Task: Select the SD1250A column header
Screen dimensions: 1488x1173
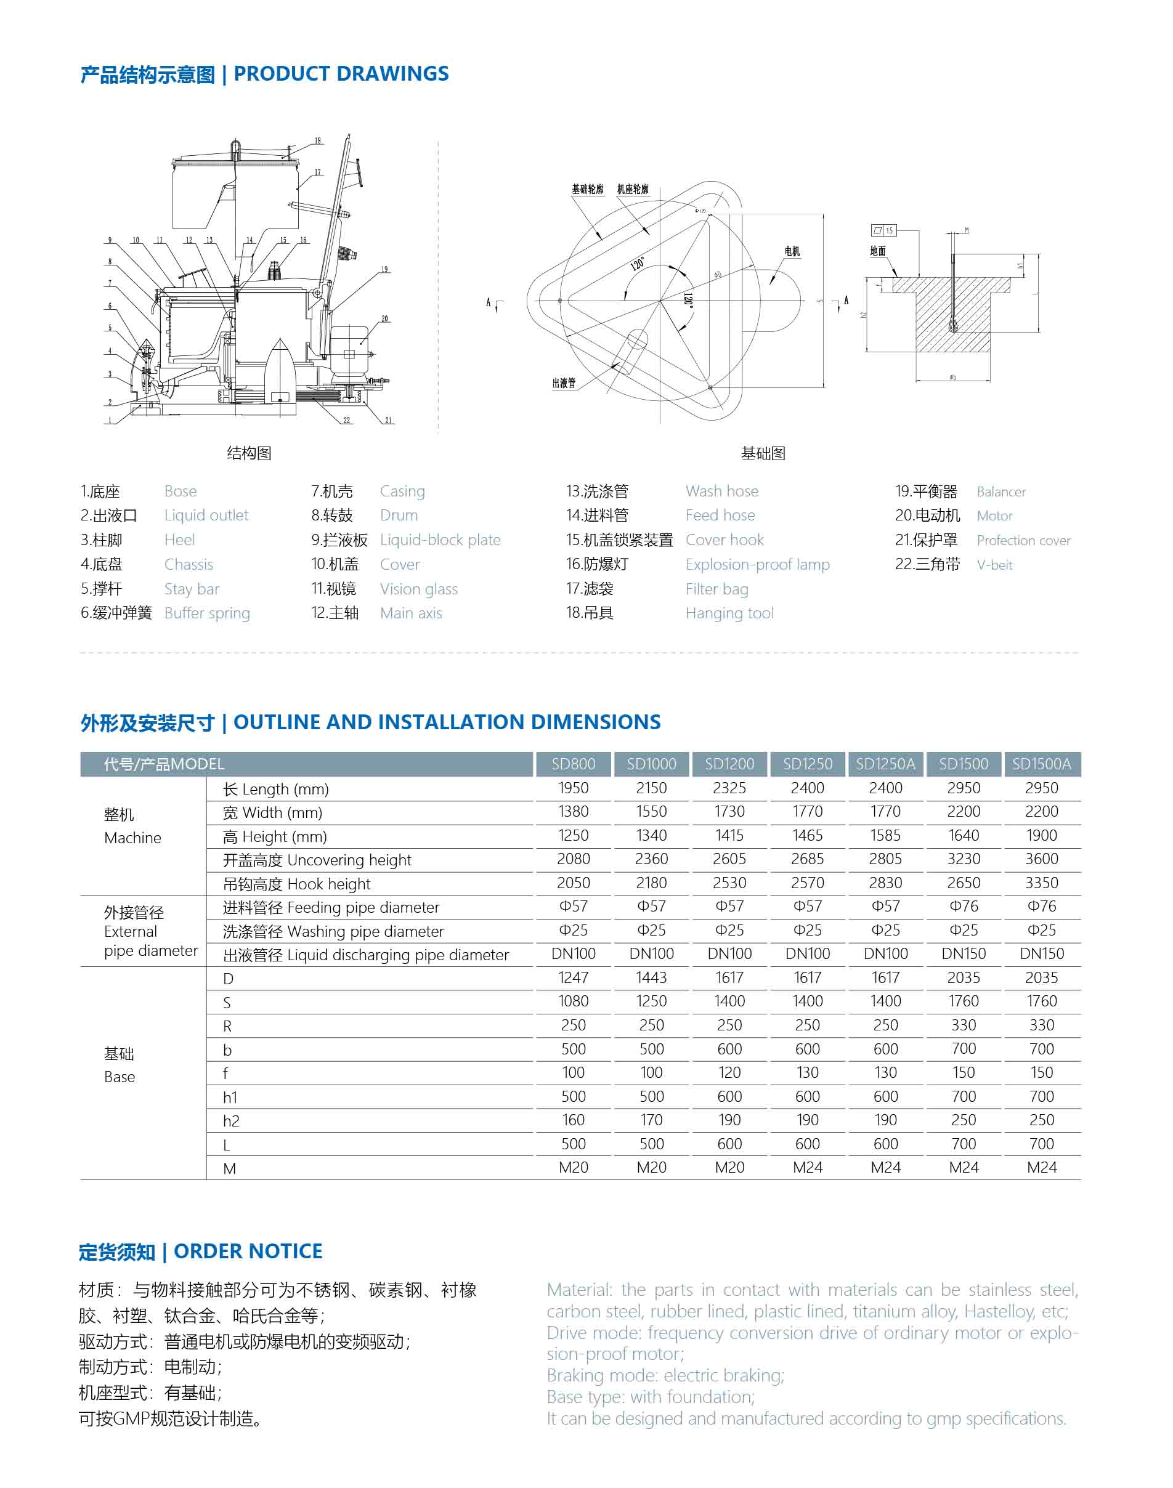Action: coord(885,764)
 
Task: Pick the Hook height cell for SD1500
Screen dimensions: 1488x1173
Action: coord(963,883)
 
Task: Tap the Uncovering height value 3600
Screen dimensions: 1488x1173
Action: coord(1041,859)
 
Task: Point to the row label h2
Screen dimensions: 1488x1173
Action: coord(231,1121)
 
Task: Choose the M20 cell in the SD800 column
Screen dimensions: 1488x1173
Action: coord(574,1167)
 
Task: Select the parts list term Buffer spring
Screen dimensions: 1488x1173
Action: coord(207,613)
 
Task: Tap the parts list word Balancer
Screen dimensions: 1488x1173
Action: coord(1000,491)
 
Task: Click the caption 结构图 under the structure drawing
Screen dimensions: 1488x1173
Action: coord(250,453)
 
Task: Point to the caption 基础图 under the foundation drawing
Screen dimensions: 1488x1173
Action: coord(763,453)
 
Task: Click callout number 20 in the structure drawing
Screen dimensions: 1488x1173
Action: coord(384,318)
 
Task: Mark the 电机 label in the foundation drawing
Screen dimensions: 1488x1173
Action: coord(792,251)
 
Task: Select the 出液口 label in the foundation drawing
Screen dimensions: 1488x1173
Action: coord(564,382)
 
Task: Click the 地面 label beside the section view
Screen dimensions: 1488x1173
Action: coord(878,251)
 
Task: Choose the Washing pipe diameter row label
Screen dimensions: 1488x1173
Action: coord(333,931)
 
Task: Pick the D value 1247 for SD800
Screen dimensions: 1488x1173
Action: coord(574,977)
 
